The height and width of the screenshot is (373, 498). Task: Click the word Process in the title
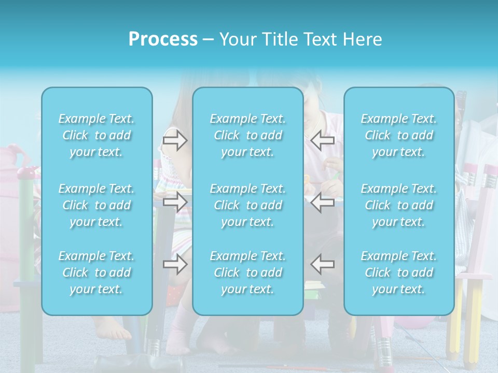[x=163, y=39]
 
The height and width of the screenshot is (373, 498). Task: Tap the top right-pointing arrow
[x=175, y=140]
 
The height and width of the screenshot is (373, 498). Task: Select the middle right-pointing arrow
[x=175, y=202]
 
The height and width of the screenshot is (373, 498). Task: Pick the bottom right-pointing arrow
[x=175, y=264]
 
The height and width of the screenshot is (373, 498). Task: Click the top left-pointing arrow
[x=322, y=140]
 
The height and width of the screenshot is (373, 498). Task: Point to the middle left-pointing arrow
[x=322, y=202]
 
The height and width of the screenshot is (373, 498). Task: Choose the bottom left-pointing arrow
[x=322, y=264]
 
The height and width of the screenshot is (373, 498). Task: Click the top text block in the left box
[x=96, y=135]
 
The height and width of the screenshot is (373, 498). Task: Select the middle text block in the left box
[x=96, y=205]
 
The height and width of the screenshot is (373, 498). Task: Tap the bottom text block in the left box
[x=96, y=272]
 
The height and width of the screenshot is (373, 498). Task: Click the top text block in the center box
[x=248, y=135]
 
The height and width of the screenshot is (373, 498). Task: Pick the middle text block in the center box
[x=248, y=205]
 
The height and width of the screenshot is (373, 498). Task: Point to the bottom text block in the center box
[x=248, y=272]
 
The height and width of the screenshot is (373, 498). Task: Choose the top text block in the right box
[x=399, y=135]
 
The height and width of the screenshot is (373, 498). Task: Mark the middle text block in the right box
[x=399, y=205]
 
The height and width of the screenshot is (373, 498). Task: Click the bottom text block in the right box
[x=399, y=272]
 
